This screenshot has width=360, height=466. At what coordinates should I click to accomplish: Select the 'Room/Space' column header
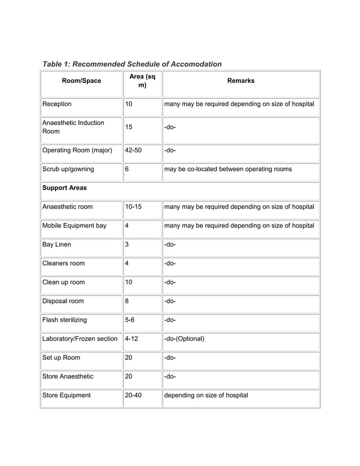coord(82,81)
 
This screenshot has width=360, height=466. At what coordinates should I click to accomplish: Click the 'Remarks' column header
coord(240,81)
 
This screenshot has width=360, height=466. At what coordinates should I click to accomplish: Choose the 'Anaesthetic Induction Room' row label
coord(73,128)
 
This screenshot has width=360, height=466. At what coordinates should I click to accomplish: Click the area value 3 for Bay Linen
coord(127,244)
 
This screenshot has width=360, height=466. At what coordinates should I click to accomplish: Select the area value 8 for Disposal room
coord(127,301)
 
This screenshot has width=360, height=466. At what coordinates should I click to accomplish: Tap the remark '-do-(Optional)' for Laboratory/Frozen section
coord(184,339)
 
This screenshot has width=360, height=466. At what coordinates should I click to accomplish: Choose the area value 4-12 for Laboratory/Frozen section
coord(133,339)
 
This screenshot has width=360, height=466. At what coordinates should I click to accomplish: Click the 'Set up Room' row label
coord(61,358)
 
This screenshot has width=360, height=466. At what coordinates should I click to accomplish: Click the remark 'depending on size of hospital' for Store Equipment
coord(206,395)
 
